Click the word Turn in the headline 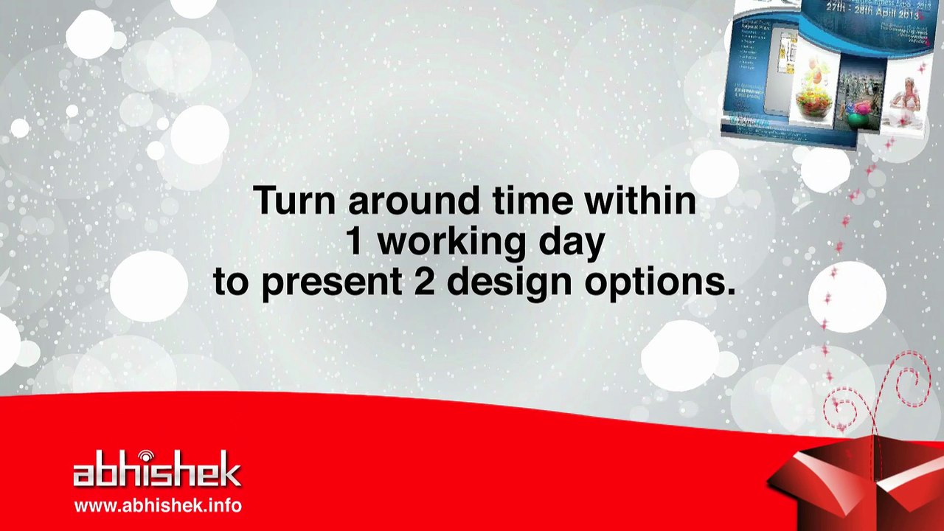294,201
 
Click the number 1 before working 355,242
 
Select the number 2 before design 424,282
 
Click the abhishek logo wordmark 157,472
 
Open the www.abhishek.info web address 158,506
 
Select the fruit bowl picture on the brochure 812,97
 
